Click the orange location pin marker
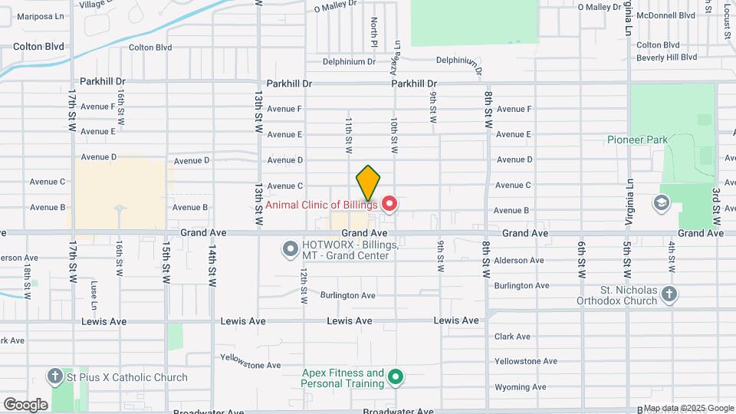368,184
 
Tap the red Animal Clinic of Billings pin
389,203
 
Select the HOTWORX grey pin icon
290,248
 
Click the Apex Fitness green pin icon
396,376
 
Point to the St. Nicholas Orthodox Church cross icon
669,294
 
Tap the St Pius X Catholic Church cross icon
54,376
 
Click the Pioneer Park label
637,140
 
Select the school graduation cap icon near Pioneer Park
660,203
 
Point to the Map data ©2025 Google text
688,408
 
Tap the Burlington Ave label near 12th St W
347,295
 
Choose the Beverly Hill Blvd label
666,58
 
